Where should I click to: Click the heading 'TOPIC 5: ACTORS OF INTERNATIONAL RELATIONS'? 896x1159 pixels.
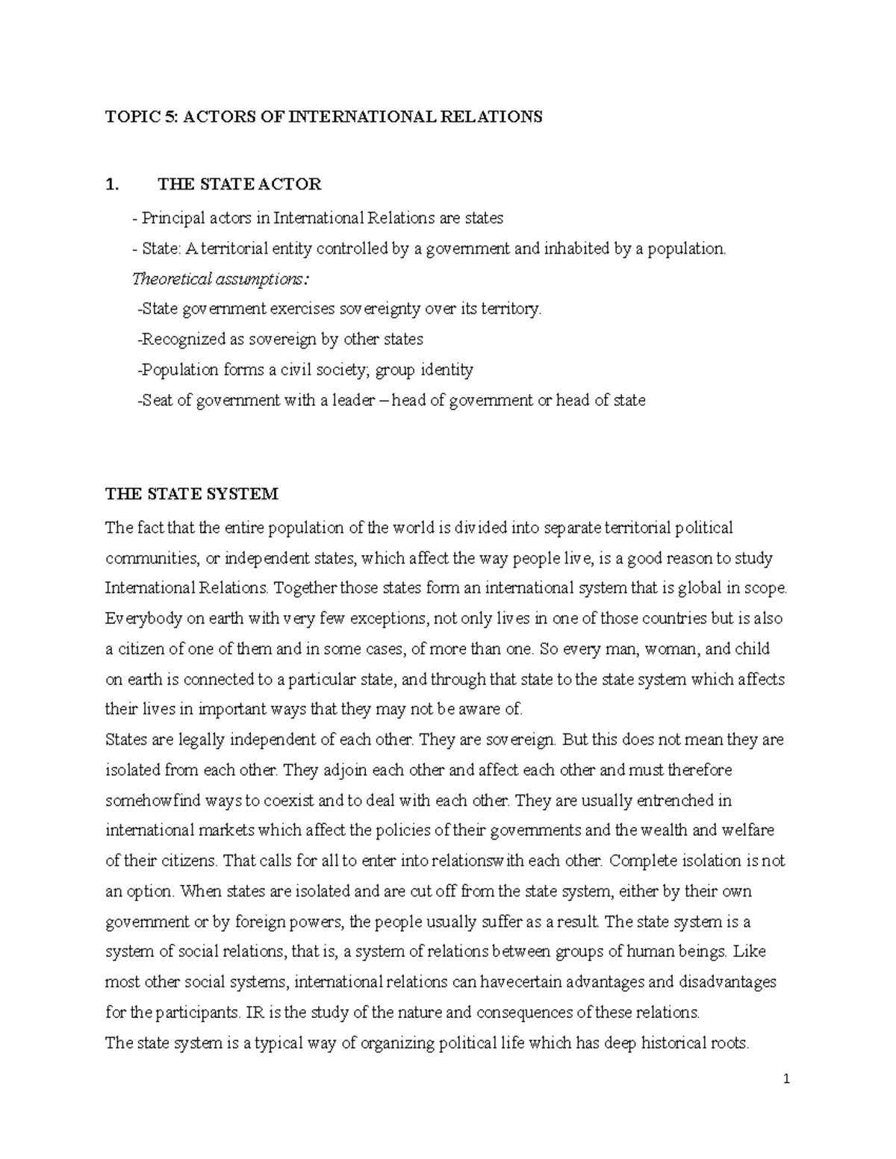pos(324,117)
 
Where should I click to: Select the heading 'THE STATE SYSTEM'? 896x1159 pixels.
pos(192,494)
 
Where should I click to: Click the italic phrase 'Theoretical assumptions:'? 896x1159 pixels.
pos(219,279)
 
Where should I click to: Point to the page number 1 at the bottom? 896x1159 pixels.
pos(787,1079)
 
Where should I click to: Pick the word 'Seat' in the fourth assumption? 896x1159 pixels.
pos(157,401)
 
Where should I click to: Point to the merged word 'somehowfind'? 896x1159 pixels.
pos(148,801)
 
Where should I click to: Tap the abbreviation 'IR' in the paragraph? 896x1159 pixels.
pos(254,1013)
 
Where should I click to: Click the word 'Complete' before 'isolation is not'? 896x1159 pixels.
pos(638,861)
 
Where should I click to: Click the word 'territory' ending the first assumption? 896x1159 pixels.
pos(511,309)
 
